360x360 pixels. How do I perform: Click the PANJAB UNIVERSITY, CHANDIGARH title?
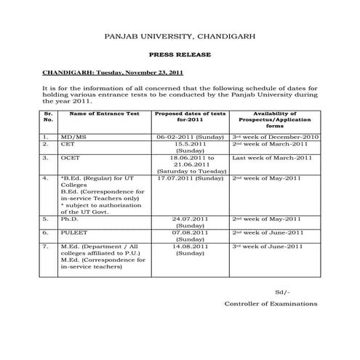coord(180,35)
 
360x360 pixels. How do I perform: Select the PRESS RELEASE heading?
coord(180,55)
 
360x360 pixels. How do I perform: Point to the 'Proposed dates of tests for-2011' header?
coord(190,117)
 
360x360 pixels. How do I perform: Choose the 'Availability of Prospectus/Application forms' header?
coord(273,119)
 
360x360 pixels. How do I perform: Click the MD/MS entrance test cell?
coord(72,136)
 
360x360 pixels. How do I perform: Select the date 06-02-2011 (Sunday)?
coord(190,136)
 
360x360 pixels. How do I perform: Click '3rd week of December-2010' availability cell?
coord(275,136)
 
